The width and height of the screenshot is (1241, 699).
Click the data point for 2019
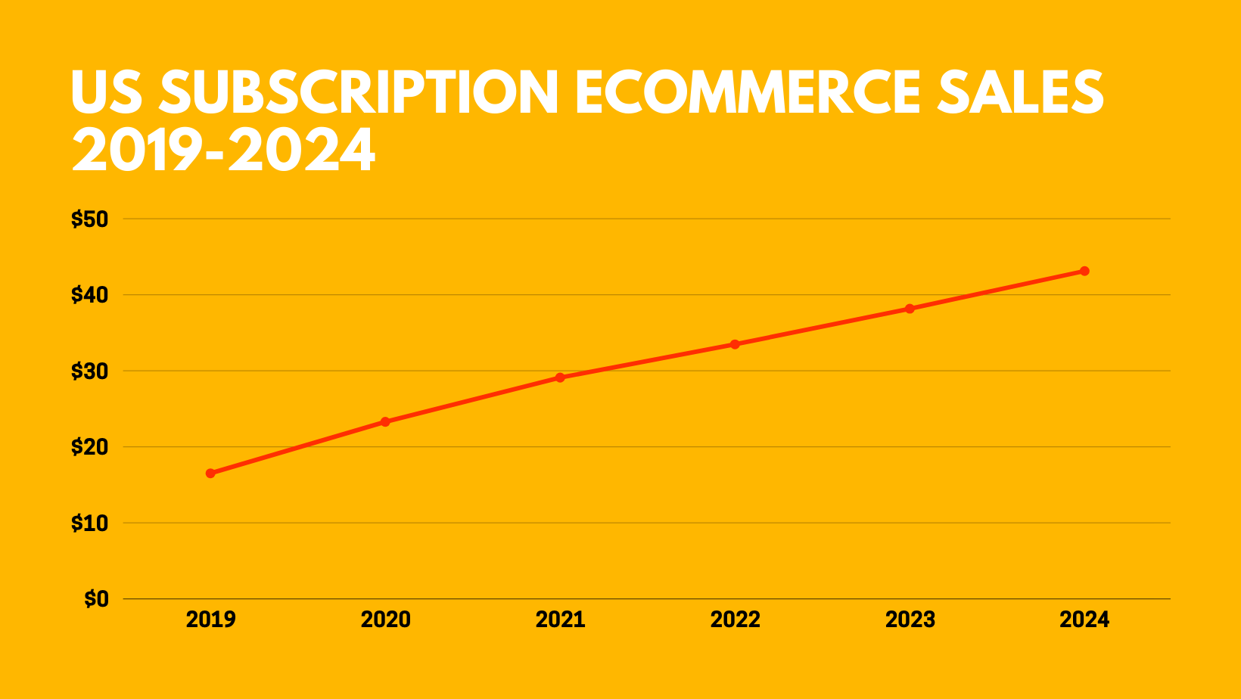point(210,474)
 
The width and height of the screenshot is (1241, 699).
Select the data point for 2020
point(385,421)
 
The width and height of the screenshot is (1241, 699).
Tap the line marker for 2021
point(560,377)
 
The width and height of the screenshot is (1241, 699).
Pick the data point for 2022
point(735,344)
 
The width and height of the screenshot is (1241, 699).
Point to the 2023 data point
point(910,309)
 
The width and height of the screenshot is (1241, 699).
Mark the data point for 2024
point(1084,271)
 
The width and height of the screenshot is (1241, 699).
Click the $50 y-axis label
point(90,219)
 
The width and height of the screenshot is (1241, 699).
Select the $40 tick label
point(90,295)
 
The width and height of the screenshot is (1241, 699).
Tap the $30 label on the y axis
point(90,371)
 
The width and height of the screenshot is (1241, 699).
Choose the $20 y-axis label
point(90,447)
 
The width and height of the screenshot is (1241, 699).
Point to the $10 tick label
point(90,523)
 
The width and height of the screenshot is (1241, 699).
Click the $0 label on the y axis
point(97,599)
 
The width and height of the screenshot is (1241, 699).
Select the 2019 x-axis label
point(210,620)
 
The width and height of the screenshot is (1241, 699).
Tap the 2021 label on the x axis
point(560,620)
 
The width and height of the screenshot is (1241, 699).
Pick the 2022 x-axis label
point(735,620)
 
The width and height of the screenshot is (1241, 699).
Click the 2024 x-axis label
point(1084,620)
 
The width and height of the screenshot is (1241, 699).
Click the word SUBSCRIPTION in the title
point(359,92)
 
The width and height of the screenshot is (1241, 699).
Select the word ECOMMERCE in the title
point(748,92)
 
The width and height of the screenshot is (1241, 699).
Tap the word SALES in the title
point(1020,92)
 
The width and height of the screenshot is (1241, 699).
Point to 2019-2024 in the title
point(223,150)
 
